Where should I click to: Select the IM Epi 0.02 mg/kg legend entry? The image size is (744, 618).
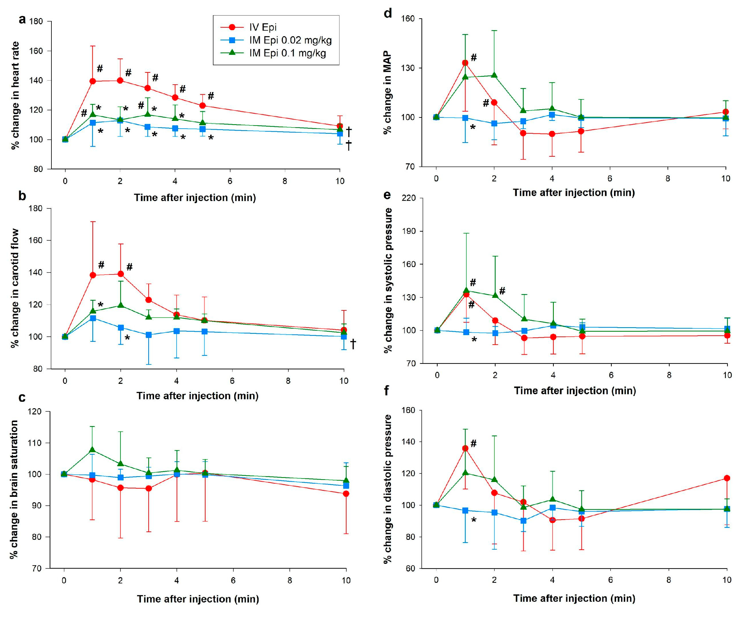tap(290, 40)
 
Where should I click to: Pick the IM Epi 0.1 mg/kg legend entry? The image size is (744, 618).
tap(287, 53)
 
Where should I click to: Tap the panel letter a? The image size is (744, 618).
tap(22, 20)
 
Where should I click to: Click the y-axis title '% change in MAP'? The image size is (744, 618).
tap(388, 92)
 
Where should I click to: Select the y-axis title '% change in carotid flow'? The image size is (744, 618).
tap(15, 288)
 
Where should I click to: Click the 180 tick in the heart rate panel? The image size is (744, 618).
tap(36, 22)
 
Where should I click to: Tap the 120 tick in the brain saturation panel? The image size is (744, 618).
tap(35, 412)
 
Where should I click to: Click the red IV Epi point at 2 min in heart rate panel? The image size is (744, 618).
tap(120, 81)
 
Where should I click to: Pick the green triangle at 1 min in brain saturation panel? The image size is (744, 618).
tap(92, 450)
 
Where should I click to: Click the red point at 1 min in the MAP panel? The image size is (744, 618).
tap(465, 63)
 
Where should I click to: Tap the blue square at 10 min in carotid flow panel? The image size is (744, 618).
tap(344, 336)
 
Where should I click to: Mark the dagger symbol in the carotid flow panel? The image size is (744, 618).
tap(353, 344)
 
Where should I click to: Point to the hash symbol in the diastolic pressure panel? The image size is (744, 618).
tap(474, 443)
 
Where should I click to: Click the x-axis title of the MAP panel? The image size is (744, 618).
tap(574, 193)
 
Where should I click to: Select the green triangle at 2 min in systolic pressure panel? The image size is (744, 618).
tap(495, 295)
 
